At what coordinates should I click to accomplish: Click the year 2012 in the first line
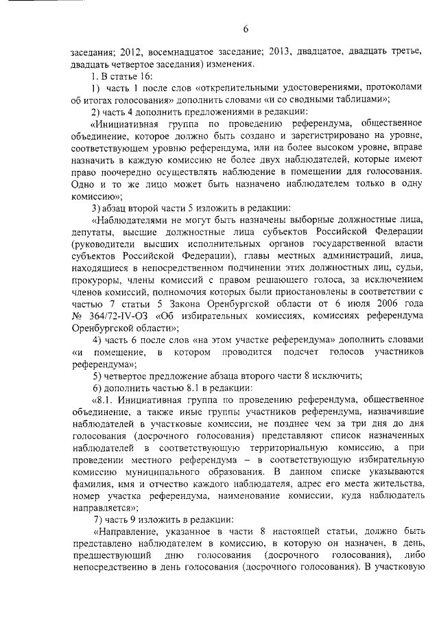pyautogui.click(x=131, y=51)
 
